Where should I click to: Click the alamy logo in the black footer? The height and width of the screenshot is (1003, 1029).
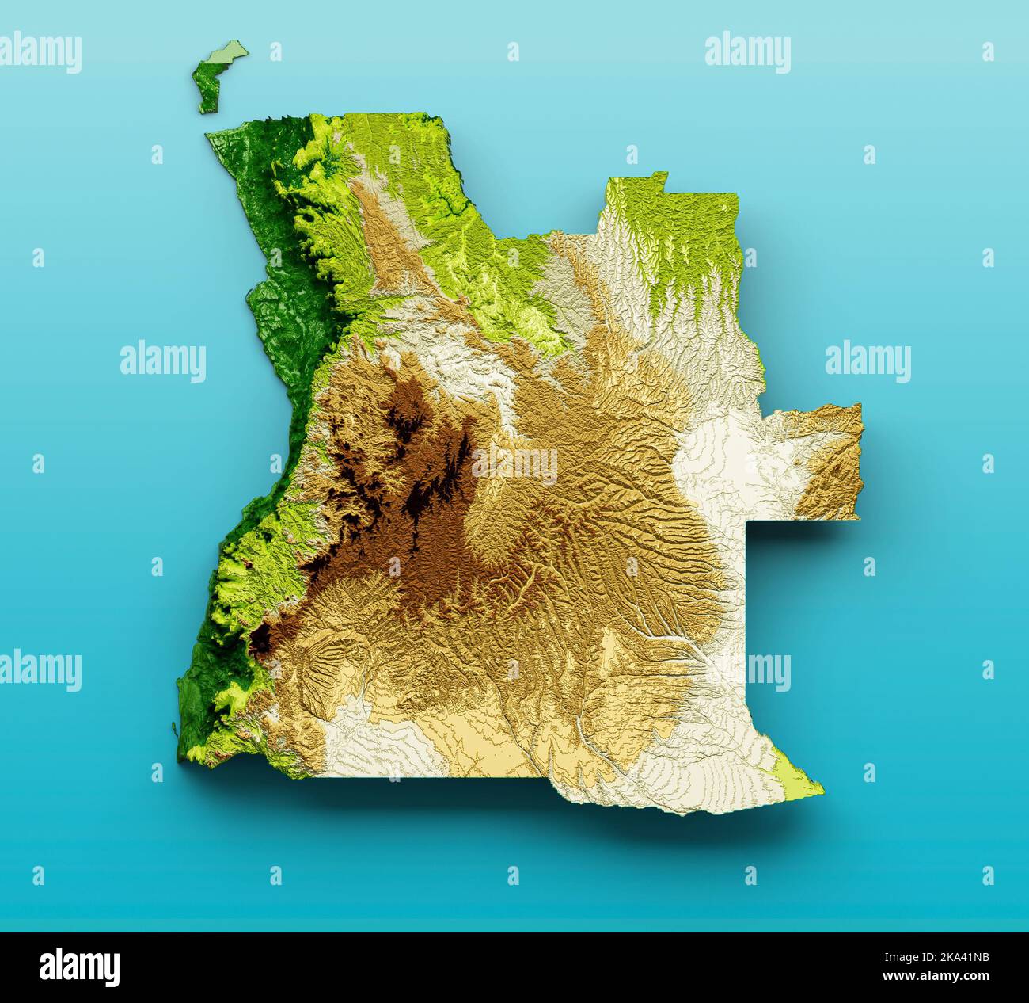80,967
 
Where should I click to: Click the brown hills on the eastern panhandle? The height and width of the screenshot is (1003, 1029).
835,460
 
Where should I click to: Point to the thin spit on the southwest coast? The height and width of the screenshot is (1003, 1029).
174,725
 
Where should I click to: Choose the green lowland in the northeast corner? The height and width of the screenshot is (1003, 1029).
681,230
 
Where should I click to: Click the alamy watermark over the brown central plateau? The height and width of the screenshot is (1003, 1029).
514,464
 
